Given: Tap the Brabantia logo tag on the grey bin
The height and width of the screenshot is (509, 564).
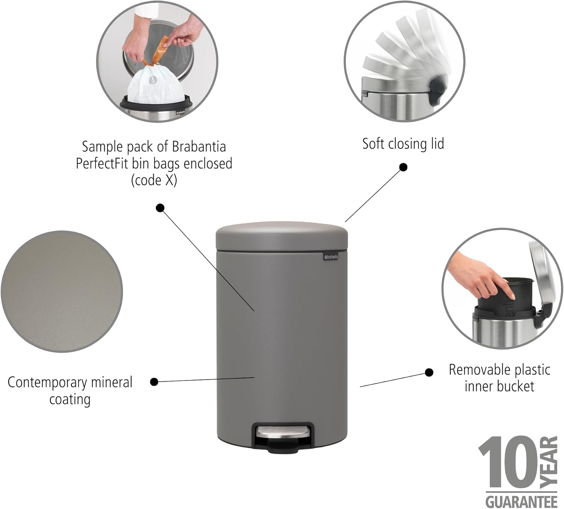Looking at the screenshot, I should coord(331,257).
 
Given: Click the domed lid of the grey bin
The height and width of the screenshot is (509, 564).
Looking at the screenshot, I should coord(281,235).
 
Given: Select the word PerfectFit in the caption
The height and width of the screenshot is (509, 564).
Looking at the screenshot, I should coord(102,164).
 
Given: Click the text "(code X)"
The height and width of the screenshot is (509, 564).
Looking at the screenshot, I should coord(154,180).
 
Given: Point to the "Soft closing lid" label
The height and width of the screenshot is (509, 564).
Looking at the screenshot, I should coord(403,144).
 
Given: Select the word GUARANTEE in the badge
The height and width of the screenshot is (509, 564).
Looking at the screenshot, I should coord(521,501).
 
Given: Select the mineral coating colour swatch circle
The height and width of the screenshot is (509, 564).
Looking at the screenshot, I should coord(62,292).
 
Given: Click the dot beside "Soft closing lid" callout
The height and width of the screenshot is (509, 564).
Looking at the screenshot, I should coord(403,167).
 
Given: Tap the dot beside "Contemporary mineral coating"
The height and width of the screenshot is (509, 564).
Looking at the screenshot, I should coord(154,382).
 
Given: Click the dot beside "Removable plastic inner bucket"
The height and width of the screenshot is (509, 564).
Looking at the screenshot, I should coord(429,372).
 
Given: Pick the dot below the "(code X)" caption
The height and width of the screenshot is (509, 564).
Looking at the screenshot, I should coord(161,208).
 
